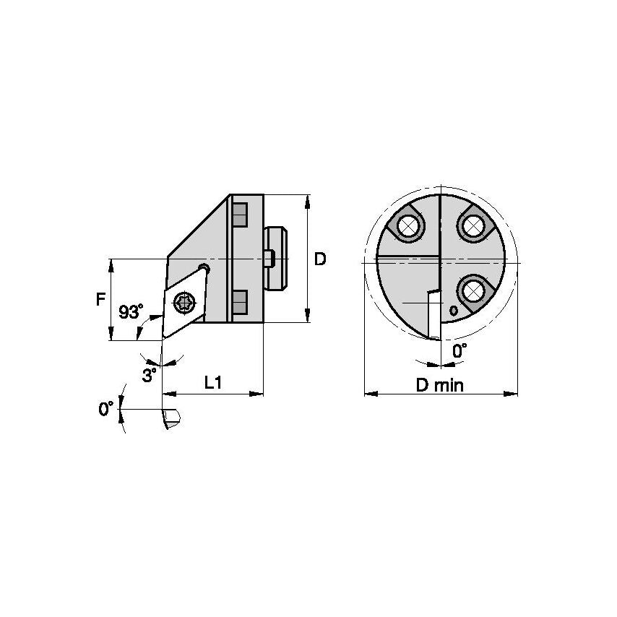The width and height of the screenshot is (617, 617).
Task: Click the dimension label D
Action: click(x=321, y=259)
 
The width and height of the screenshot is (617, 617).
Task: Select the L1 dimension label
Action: click(x=212, y=383)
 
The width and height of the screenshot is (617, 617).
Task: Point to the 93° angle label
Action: click(x=131, y=312)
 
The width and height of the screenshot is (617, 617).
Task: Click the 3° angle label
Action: click(x=149, y=375)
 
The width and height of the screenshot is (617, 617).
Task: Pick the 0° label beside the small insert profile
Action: click(x=105, y=409)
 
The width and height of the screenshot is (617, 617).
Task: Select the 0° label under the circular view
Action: click(x=458, y=350)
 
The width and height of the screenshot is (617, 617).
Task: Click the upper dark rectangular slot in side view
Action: click(x=241, y=215)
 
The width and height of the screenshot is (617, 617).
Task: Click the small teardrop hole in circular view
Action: click(x=453, y=311)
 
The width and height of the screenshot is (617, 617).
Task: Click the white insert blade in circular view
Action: click(x=433, y=314)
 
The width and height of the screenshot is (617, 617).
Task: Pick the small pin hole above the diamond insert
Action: click(x=205, y=269)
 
